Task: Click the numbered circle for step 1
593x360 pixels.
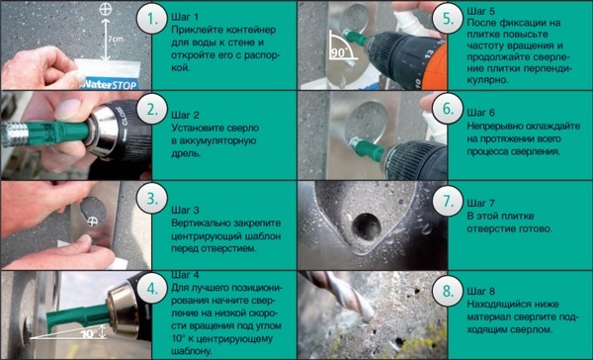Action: [151, 19]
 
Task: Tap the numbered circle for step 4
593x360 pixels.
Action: [151, 289]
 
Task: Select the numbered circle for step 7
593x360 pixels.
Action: [448, 201]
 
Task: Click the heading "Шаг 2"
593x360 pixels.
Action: [186, 115]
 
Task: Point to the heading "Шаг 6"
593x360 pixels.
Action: [480, 113]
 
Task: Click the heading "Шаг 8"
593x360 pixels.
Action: [480, 291]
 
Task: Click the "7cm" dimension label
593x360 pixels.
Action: [116, 39]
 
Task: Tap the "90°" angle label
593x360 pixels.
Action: [339, 52]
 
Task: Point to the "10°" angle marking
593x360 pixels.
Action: [89, 334]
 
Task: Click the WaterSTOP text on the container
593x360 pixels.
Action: [109, 84]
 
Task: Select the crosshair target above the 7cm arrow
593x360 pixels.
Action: [105, 9]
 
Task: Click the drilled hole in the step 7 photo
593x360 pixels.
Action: [366, 226]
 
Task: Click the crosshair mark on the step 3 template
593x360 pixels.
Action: [92, 222]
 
